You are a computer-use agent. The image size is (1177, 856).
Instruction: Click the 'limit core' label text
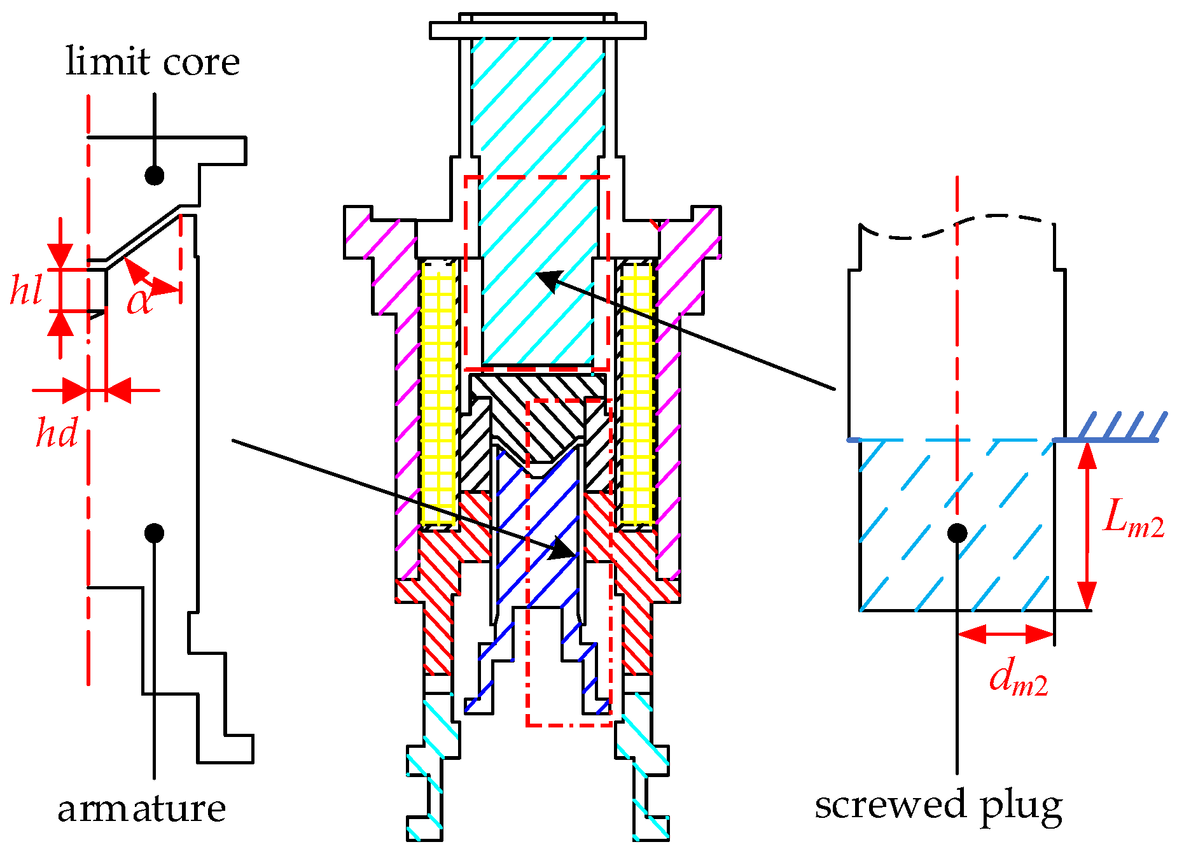click(153, 62)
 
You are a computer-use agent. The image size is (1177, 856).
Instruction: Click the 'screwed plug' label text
click(938, 805)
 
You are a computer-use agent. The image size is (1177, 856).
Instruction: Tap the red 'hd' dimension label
click(56, 433)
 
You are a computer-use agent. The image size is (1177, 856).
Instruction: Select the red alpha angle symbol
click(140, 300)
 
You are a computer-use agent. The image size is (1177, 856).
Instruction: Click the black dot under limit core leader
click(155, 175)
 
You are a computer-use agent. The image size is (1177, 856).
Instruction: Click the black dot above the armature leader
click(154, 533)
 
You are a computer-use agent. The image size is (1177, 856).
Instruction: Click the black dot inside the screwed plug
click(957, 533)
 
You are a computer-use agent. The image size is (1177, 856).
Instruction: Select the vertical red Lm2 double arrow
click(1087, 525)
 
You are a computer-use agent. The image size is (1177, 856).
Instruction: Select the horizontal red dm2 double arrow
click(1005, 634)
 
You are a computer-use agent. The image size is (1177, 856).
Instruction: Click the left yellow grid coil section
click(438, 395)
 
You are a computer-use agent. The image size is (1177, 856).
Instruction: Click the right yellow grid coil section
click(637, 395)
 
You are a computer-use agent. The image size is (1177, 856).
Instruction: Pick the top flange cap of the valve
click(538, 30)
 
